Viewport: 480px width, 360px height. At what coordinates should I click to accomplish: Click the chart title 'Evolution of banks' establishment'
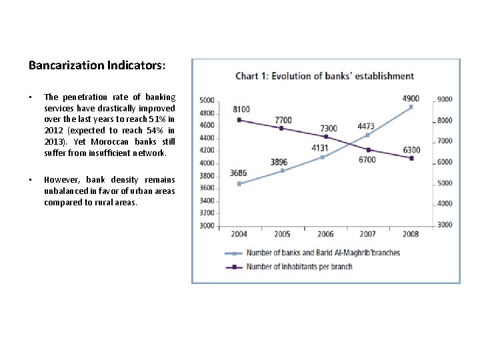(x=325, y=76)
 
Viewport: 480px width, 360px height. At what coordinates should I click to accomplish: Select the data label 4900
(x=411, y=99)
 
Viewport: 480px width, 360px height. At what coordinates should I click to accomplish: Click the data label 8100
(x=241, y=109)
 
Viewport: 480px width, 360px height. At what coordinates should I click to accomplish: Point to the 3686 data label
(x=239, y=173)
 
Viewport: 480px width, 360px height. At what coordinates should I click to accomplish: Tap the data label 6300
(x=411, y=150)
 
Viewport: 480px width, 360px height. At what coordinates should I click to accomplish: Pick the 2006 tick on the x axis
(x=325, y=234)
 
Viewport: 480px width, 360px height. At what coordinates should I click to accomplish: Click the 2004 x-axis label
(x=239, y=234)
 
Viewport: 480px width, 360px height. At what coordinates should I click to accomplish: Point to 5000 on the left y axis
(x=207, y=100)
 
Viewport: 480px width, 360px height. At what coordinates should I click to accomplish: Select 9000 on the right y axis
(x=445, y=99)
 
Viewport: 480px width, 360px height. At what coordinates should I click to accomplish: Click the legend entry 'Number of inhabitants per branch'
(x=299, y=267)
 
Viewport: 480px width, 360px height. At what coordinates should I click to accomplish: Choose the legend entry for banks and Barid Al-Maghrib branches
(x=323, y=253)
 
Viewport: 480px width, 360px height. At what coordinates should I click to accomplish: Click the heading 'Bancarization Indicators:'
(x=97, y=65)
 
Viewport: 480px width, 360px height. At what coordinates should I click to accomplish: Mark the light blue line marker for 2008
(x=411, y=107)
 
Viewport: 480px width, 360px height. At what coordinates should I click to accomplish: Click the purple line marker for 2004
(x=239, y=120)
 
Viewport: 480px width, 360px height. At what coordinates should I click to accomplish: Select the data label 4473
(x=366, y=125)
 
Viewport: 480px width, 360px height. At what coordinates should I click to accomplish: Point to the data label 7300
(x=329, y=128)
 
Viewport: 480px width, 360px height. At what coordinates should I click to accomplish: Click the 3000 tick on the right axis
(x=445, y=225)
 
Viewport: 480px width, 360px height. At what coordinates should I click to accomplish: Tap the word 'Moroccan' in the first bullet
(x=115, y=141)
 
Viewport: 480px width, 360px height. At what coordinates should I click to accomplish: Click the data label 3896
(x=279, y=162)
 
